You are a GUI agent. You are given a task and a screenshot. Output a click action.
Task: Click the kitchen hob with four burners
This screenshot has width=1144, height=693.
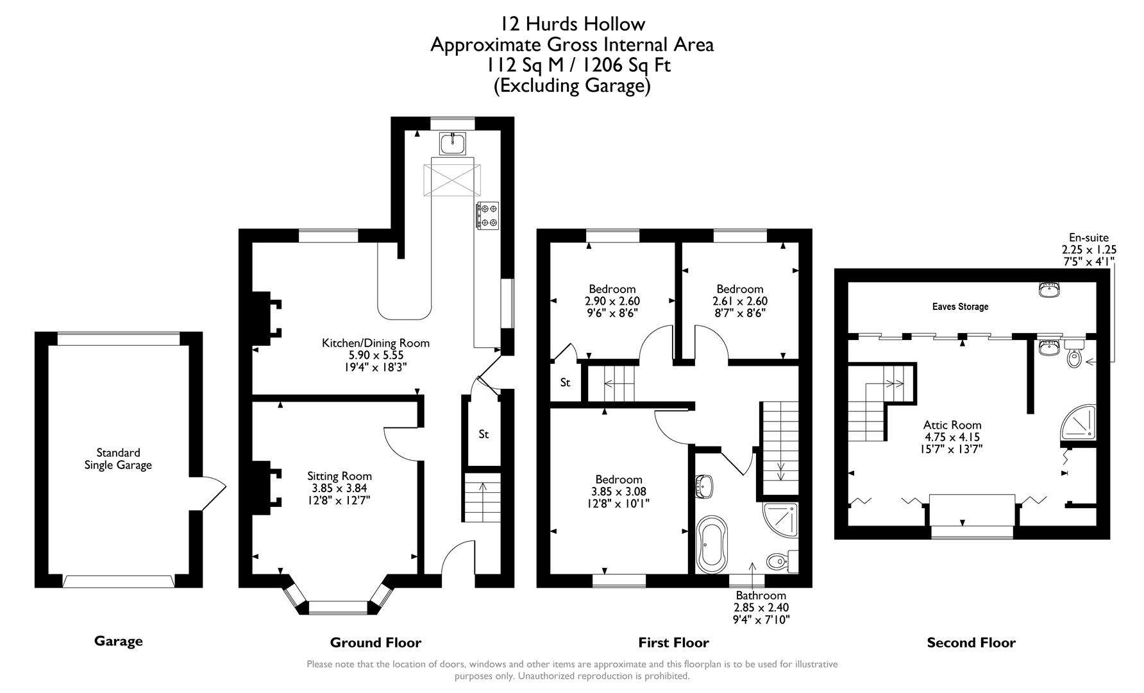point(487,215)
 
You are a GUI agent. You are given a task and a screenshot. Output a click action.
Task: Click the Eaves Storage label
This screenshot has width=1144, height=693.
point(960,307)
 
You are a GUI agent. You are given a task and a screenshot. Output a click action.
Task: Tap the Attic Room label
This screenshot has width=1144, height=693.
point(952,425)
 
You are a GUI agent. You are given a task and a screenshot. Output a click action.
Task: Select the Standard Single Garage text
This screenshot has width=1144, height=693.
point(118,459)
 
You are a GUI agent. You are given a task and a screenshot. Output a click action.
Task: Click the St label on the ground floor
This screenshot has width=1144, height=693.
point(484,434)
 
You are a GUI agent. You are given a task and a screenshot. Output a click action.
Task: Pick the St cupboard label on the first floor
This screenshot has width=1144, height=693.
point(565,383)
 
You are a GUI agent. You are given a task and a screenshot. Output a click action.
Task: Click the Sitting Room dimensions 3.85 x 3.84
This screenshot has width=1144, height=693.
point(339,488)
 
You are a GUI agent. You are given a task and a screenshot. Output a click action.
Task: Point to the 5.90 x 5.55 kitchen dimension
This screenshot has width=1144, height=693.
point(375,355)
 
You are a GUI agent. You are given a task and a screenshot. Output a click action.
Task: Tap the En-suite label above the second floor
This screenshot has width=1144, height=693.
point(1088,238)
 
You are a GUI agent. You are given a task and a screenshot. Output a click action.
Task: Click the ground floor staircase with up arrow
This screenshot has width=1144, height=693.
point(482,497)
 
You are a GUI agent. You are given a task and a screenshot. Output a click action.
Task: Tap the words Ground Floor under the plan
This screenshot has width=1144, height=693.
point(375,642)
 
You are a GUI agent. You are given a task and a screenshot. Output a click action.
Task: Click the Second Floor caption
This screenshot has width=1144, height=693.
point(971,642)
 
